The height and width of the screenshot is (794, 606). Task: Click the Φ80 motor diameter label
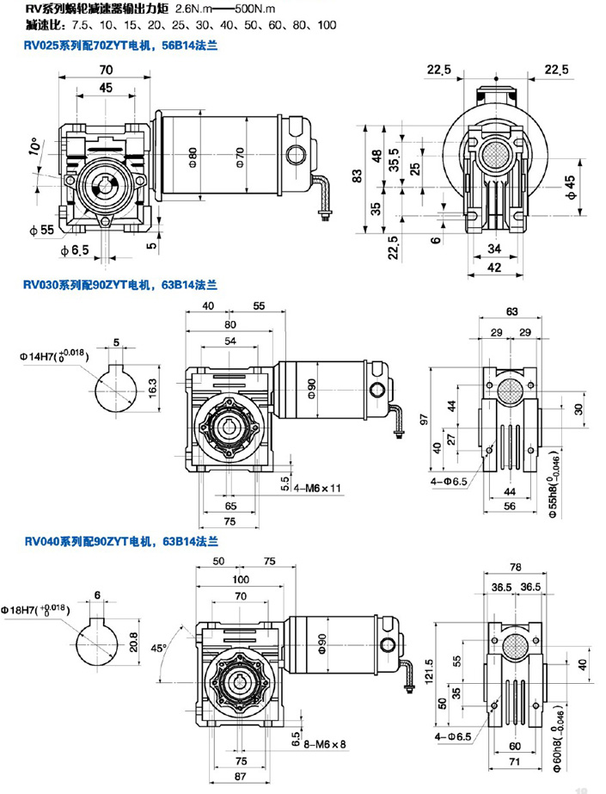coord(193,155)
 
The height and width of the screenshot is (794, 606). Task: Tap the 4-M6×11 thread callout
coord(316,487)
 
